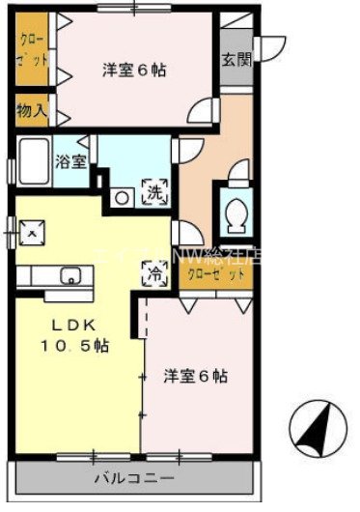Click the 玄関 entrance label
click(235, 59)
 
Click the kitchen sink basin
click(70, 277)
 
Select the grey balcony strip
click(135, 478)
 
